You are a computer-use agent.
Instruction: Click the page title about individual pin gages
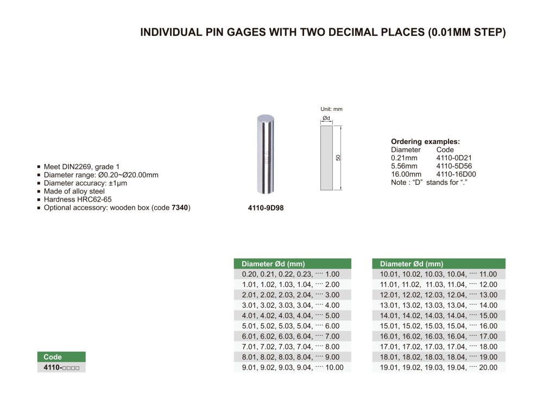[323, 33]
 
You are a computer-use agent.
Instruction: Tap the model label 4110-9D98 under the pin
[266, 208]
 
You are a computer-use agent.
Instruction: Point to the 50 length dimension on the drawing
[338, 158]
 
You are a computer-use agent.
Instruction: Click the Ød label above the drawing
[326, 118]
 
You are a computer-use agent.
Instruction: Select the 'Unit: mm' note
[331, 109]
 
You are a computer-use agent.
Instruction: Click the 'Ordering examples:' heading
[425, 141]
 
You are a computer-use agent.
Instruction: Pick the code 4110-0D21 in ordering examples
[454, 158]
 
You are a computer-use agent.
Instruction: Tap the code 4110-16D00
[456, 174]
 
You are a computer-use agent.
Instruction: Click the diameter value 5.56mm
[404, 166]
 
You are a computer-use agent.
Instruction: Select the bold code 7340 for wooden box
[181, 208]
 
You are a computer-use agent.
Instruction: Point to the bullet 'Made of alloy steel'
[74, 191]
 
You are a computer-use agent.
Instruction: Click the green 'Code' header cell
[61, 357]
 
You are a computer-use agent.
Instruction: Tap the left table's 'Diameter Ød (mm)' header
[292, 264]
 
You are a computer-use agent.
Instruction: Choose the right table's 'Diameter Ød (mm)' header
[439, 264]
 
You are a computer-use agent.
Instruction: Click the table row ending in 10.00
[292, 367]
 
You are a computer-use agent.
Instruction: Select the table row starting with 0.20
[292, 274]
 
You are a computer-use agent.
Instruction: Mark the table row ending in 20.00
[439, 367]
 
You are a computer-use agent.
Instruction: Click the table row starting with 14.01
[439, 316]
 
